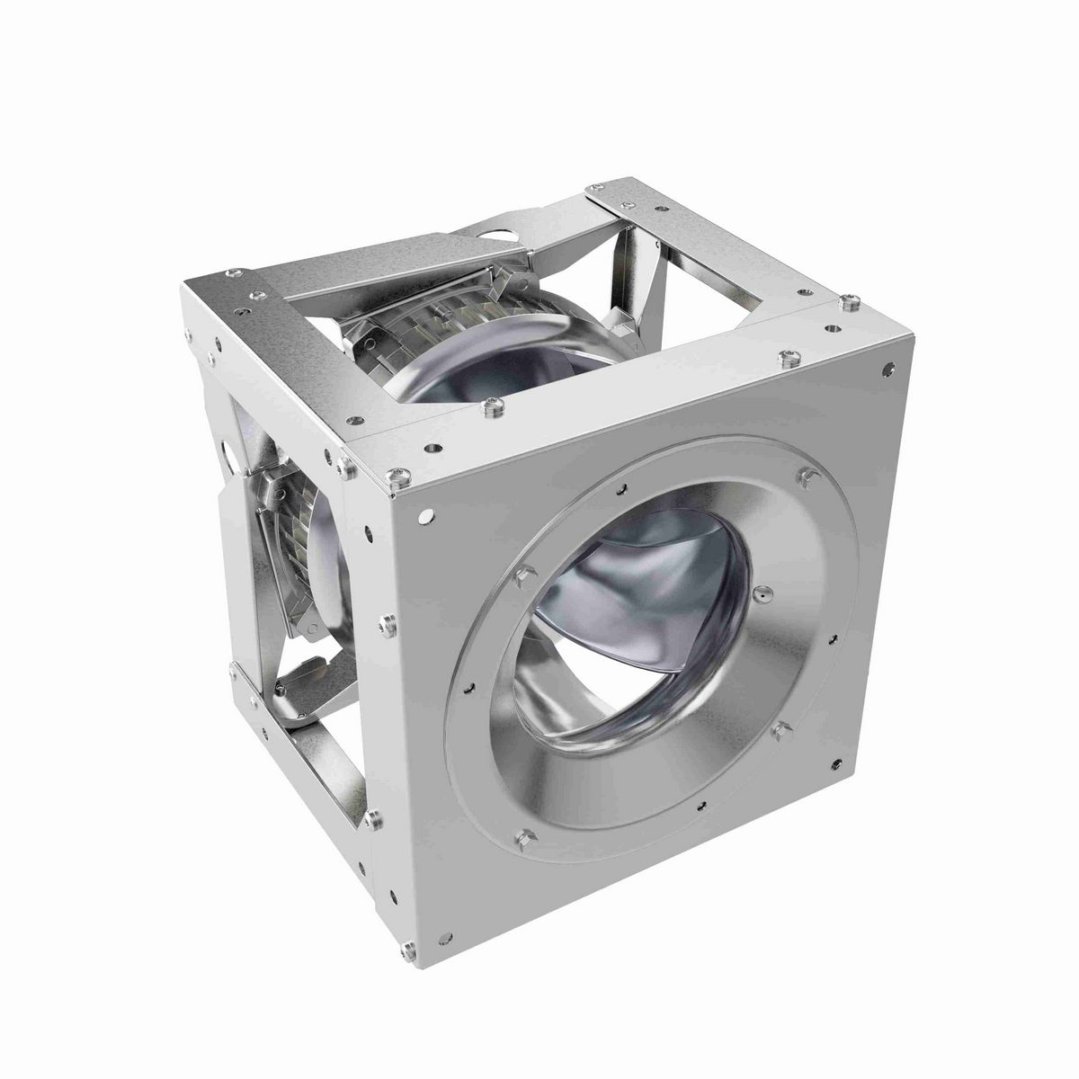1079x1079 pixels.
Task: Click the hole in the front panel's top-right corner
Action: [x=888, y=369]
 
